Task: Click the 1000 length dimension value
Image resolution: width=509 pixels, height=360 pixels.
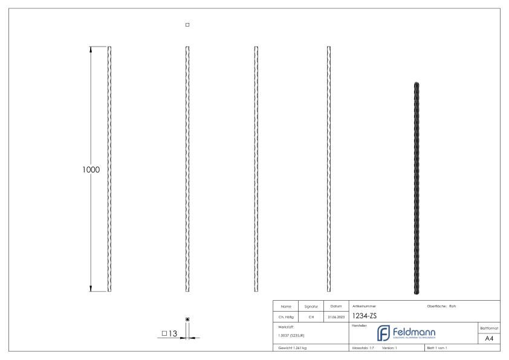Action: tap(91, 169)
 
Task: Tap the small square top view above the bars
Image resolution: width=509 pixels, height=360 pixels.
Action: tap(187, 25)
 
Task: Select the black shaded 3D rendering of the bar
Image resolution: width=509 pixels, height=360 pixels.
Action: tap(417, 188)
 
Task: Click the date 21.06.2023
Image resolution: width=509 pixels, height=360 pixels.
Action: tap(336, 316)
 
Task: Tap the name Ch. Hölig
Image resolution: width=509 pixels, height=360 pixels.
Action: tap(288, 316)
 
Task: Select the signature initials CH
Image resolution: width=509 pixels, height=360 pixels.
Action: tap(311, 316)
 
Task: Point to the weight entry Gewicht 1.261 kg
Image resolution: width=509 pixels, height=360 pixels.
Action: tap(291, 349)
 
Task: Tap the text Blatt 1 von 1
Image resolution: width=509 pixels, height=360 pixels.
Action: tap(438, 349)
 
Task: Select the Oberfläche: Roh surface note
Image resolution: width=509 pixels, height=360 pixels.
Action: tap(441, 306)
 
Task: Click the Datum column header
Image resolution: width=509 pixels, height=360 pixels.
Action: tap(336, 306)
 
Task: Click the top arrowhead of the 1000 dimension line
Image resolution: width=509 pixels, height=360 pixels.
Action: tap(91, 49)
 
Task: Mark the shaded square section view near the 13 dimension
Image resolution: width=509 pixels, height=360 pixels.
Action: tap(188, 319)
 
